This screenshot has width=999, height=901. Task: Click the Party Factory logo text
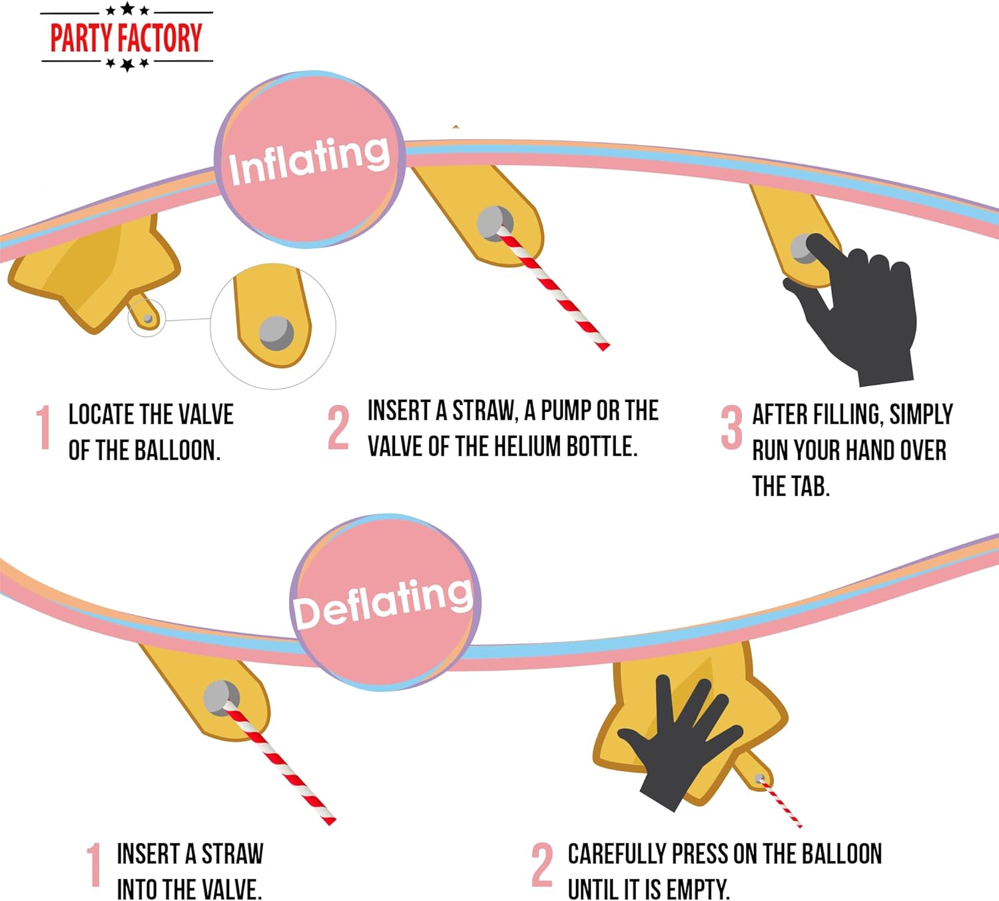click(127, 37)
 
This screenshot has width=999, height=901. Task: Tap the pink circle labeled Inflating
click(309, 159)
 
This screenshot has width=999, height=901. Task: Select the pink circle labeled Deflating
click(385, 602)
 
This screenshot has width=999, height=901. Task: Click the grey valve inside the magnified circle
click(276, 333)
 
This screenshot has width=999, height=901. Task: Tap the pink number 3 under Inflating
click(731, 428)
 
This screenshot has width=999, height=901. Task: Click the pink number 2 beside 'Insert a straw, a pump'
click(338, 428)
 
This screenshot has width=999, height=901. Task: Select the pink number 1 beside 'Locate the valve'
click(44, 428)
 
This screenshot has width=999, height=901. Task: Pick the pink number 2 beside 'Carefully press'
click(542, 865)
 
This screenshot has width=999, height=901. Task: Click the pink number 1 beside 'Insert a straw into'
click(94, 865)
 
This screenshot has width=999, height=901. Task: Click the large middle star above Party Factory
click(127, 8)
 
